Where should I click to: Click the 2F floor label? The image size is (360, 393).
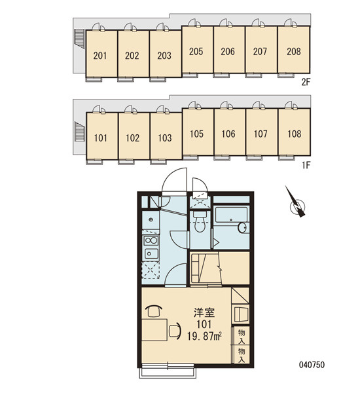306,82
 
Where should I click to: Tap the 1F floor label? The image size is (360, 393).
306,165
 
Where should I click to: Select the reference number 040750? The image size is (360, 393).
312,365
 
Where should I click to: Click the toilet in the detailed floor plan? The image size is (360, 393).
200,221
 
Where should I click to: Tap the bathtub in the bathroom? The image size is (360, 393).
232,215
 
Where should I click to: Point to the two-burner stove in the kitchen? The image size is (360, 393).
151,240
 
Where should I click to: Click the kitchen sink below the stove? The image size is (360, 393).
151,253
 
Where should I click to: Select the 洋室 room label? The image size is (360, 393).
204,312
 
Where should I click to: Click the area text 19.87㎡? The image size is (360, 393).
204,336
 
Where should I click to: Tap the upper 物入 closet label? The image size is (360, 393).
242,337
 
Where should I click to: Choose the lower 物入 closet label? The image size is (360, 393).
242,355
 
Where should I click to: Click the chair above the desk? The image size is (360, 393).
154,311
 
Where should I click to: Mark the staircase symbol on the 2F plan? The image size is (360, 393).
79,39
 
